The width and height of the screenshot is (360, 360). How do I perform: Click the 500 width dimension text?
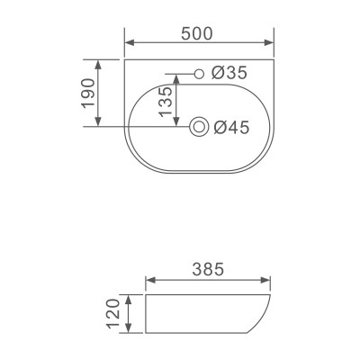coord(196,34)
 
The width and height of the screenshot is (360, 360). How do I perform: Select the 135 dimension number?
coord(165,102)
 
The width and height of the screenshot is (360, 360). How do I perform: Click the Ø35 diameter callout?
coord(229,72)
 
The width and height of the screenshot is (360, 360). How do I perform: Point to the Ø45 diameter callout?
coord(231,129)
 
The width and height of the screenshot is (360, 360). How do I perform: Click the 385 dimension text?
coord(208,269)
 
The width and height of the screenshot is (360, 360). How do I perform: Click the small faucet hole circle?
coord(198,72)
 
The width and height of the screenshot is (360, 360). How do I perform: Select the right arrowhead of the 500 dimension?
coord(269,43)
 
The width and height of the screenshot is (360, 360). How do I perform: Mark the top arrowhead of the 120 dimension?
coord(130,297)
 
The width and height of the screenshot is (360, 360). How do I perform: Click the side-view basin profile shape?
coord(207,312)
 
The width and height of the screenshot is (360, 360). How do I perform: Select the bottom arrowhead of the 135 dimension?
coord(177,125)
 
